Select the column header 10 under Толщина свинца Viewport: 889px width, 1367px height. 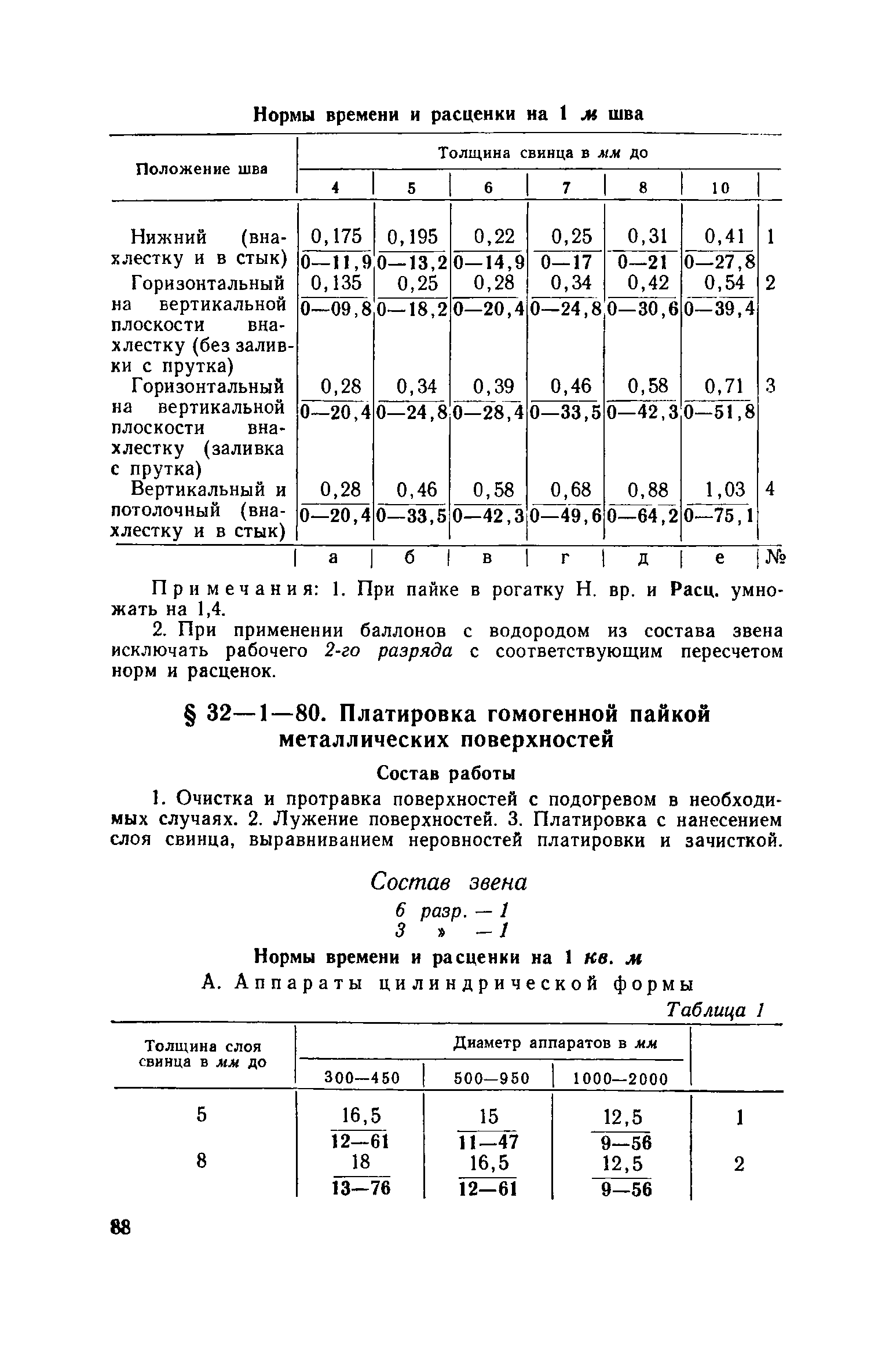[x=720, y=188]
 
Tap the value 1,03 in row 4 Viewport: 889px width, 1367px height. [x=725, y=490]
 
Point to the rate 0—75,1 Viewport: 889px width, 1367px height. [x=719, y=515]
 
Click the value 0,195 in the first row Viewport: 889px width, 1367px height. [x=412, y=236]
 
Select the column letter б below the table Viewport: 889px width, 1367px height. [x=409, y=558]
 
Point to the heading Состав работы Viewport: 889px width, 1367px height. [x=446, y=773]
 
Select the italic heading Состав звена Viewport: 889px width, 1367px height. [x=449, y=882]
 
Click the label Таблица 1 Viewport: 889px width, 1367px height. [x=716, y=1010]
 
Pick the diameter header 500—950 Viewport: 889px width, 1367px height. [x=491, y=1078]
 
